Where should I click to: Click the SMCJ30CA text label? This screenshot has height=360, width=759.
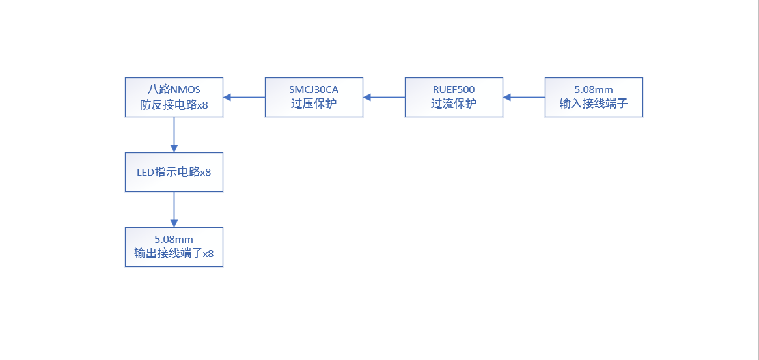click(x=314, y=90)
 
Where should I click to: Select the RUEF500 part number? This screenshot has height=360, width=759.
click(x=454, y=90)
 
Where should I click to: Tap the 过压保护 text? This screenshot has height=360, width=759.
click(x=314, y=104)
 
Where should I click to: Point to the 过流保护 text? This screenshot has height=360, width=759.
click(x=454, y=104)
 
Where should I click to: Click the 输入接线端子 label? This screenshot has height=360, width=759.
click(x=594, y=104)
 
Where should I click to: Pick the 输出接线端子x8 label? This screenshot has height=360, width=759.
click(x=174, y=253)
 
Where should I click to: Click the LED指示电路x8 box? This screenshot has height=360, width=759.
click(x=174, y=173)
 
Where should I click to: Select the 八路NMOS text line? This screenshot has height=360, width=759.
click(x=174, y=90)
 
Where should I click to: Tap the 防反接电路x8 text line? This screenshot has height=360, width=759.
click(x=174, y=104)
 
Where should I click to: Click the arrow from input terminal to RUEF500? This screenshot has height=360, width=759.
click(x=524, y=97)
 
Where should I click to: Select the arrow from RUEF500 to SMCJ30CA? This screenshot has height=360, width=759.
click(x=384, y=97)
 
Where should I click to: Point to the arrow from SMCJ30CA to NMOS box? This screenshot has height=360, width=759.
click(x=245, y=97)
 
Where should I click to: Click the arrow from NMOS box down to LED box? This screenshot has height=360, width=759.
click(x=174, y=135)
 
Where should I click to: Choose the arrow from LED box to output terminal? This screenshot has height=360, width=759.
click(x=174, y=210)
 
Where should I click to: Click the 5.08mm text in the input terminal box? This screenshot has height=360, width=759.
click(x=594, y=90)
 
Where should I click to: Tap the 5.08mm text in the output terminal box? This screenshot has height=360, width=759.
click(x=174, y=239)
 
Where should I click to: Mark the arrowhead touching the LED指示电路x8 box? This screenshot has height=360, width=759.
click(x=174, y=148)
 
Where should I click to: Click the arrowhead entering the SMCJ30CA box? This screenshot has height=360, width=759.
click(x=367, y=97)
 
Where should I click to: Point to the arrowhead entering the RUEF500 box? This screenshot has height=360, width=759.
click(x=507, y=97)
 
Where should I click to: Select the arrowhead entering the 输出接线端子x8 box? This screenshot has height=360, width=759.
click(x=174, y=223)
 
